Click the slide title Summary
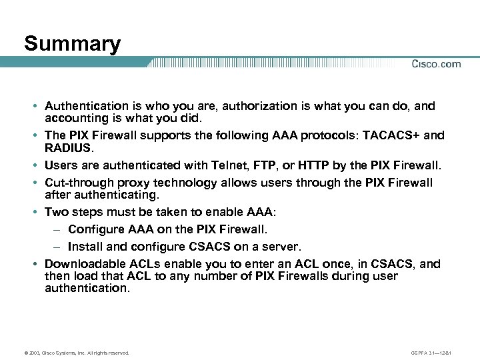(x=72, y=44)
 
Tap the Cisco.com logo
(x=436, y=64)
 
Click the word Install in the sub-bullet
(x=84, y=246)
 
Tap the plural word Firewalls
(x=321, y=276)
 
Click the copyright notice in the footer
(x=77, y=352)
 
